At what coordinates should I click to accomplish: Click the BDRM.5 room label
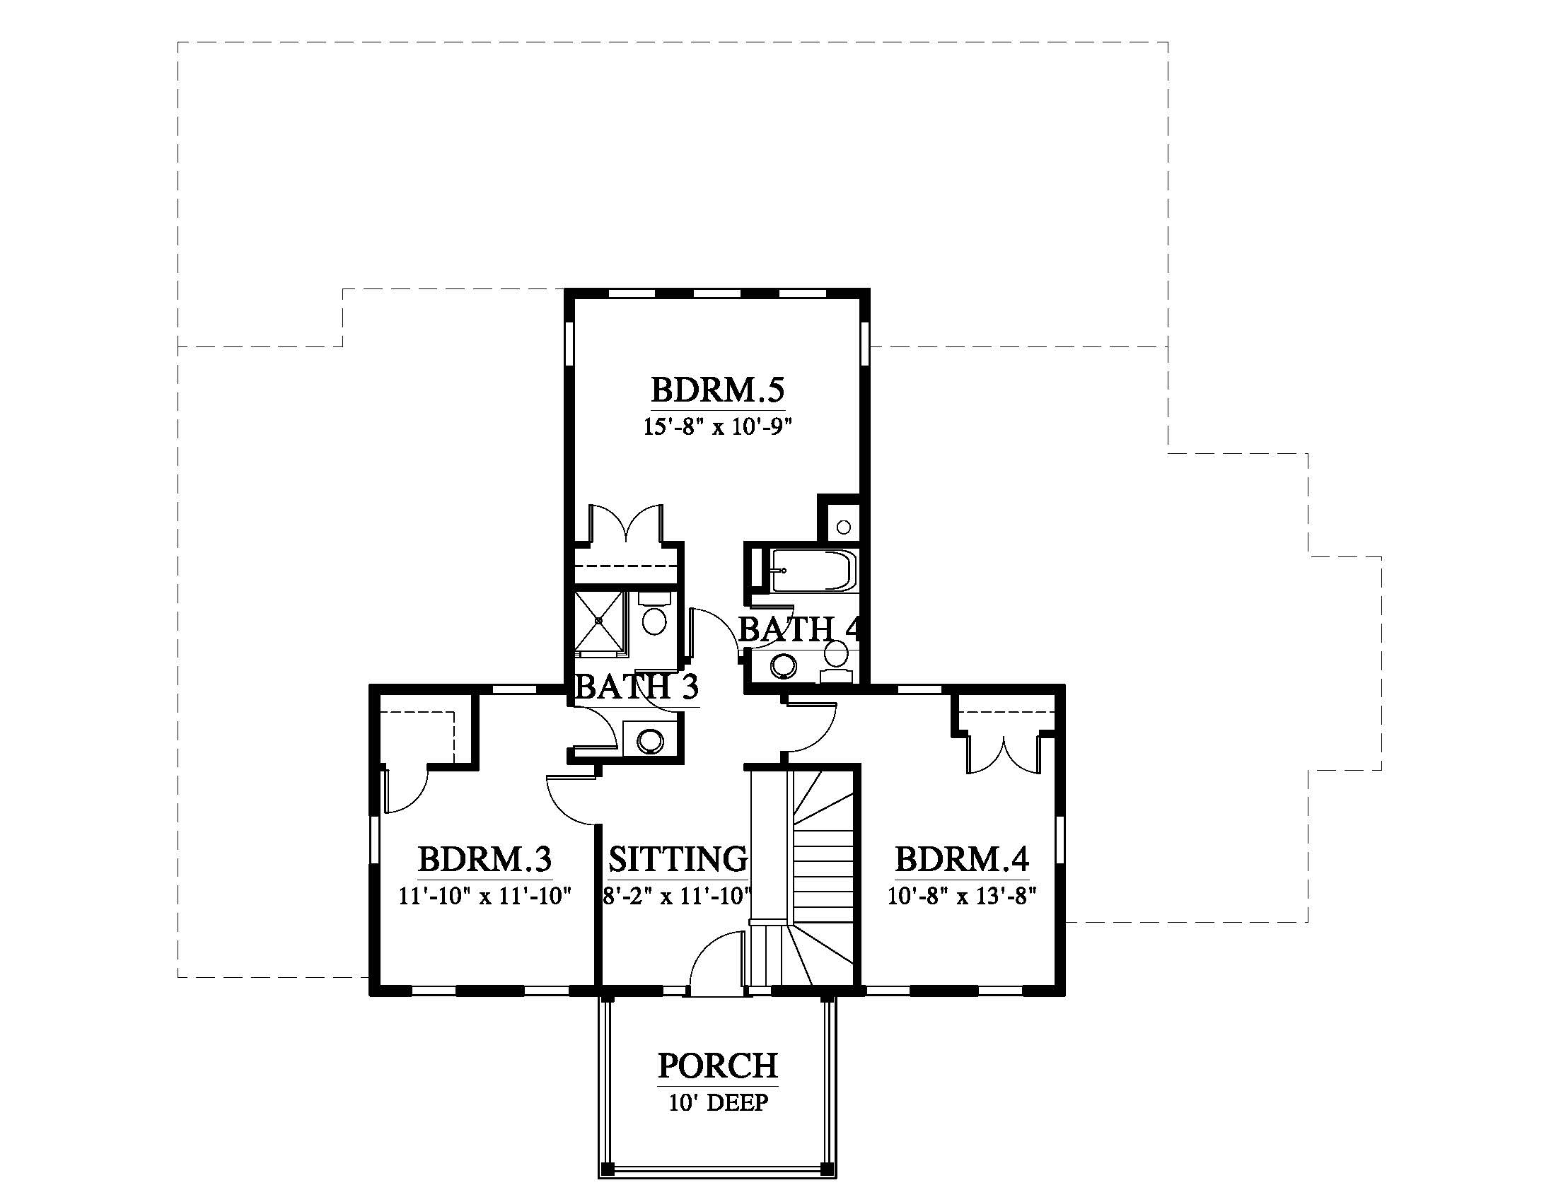pos(717,390)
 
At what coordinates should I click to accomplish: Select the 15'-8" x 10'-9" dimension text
pos(718,427)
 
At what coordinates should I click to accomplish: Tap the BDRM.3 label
pos(484,859)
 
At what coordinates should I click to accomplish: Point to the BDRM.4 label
pos(962,859)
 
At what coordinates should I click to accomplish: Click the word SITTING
pos(678,859)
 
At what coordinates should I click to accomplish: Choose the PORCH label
pos(717,1066)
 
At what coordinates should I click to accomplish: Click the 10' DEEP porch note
pos(718,1103)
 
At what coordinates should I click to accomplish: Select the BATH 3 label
pos(637,687)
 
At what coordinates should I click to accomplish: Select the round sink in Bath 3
pos(649,741)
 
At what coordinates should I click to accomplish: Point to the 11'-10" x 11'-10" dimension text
pos(485,896)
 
